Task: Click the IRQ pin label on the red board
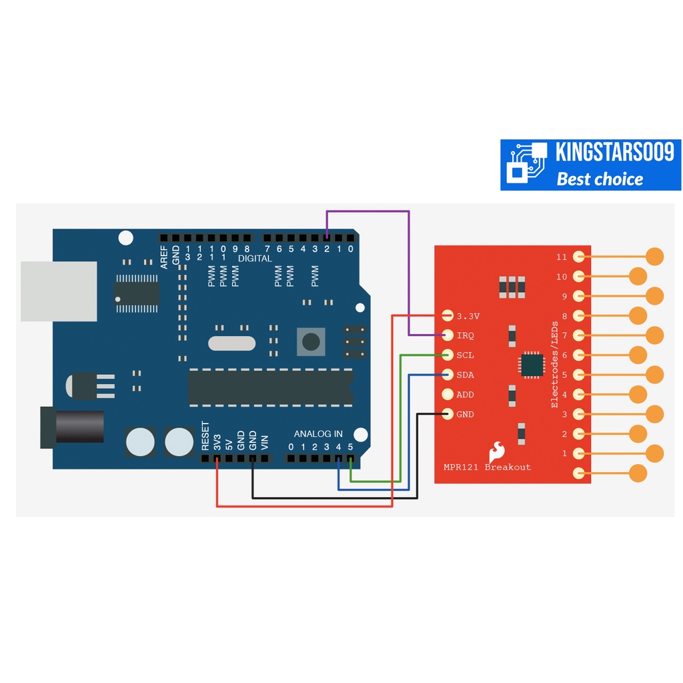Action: click(466, 335)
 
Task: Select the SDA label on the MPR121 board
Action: click(466, 375)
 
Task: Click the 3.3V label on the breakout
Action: click(468, 315)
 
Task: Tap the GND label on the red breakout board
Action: click(466, 414)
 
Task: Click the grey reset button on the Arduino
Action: click(310, 341)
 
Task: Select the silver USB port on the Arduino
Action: click(59, 291)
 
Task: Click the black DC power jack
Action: click(73, 427)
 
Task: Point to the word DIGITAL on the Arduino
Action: click(255, 259)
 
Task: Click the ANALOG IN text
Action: click(318, 434)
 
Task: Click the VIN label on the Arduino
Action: click(265, 442)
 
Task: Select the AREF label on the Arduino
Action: click(164, 257)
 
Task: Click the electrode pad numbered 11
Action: click(579, 256)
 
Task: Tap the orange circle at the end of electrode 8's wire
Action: click(638, 315)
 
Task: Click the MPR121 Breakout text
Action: click(488, 467)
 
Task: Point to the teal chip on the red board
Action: click(532, 365)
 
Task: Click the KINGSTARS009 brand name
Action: click(614, 153)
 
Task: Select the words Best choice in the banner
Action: click(600, 179)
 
